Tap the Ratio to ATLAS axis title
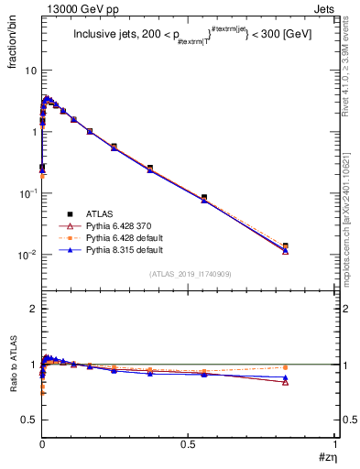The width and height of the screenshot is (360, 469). coord(13,381)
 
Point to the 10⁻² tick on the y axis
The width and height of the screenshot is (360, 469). coord(27,255)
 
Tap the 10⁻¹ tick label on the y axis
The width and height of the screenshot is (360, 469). coord(27,193)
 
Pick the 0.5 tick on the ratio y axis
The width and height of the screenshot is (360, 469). coord(29,420)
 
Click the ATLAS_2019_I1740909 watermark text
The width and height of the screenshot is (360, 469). coord(191,274)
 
